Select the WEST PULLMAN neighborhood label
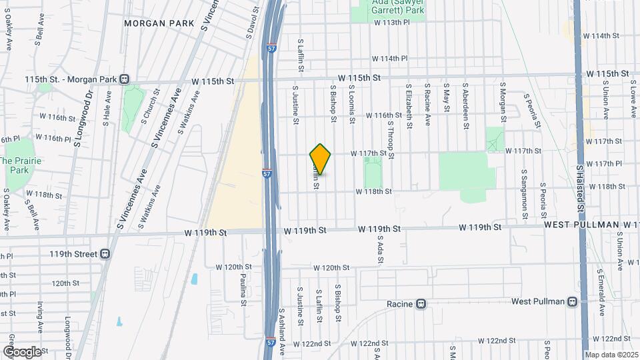pos(582,225)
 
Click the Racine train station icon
pos(421,304)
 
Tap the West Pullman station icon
pos(572,302)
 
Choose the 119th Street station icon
pos(105,254)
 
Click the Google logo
pos(22,351)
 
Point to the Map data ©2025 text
pos(611,355)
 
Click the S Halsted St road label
pos(581,190)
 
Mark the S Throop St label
pos(392,139)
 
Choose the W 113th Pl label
pos(399,22)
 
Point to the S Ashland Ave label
pos(282,331)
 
